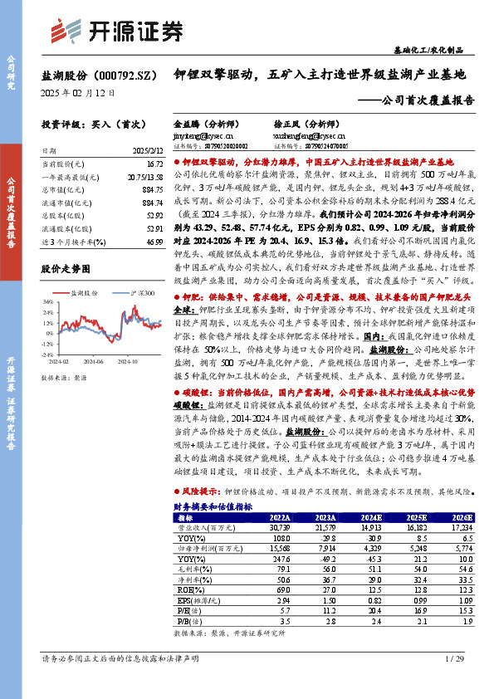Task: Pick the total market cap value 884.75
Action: pos(151,189)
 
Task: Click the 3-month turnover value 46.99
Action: pos(154,241)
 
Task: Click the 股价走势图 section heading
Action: pos(64,269)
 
